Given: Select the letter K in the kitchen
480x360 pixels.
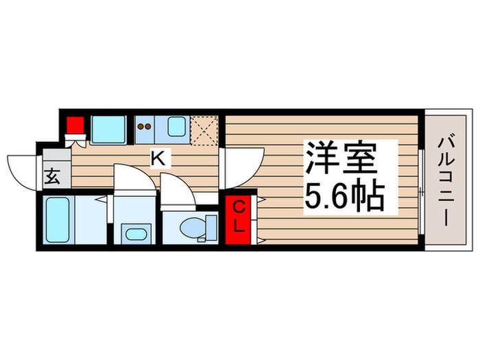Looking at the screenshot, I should [157, 158].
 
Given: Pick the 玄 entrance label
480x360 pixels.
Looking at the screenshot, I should [53, 177].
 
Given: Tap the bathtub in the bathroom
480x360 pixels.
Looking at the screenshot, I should [59, 220].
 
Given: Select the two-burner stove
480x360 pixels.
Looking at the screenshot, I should [145, 126].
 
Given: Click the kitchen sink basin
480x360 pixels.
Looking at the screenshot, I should [176, 126].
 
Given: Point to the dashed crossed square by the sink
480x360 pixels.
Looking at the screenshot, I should [204, 128].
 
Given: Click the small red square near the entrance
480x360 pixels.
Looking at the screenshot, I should [75, 125].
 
